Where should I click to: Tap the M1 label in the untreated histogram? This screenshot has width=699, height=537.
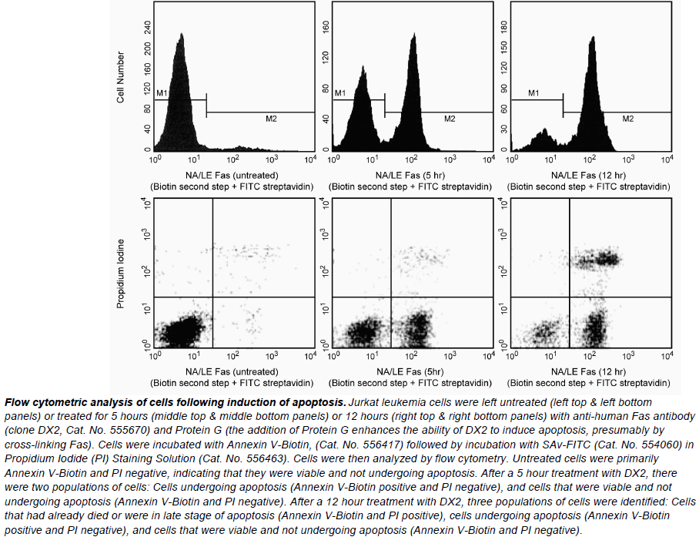coord(162,93)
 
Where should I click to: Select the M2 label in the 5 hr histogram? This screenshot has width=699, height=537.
coord(450,119)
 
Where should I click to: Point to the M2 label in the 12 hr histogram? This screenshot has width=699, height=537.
coord(627,119)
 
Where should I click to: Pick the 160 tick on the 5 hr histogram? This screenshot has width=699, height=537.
coord(326,25)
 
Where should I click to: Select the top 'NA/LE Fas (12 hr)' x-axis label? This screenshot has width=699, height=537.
coord(590,175)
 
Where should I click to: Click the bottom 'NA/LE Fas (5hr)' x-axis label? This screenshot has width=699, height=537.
coord(410,371)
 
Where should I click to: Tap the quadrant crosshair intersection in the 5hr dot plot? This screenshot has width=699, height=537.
coord(391,297)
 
